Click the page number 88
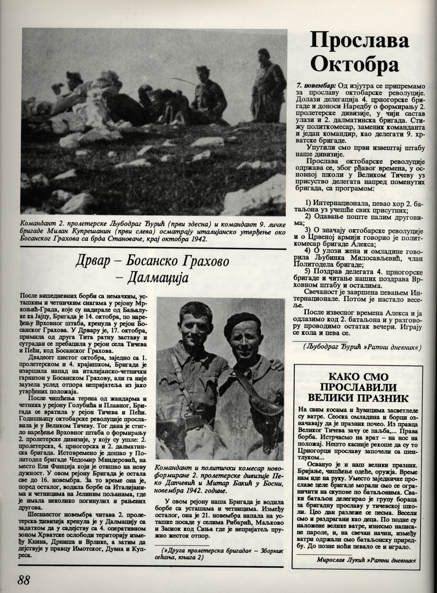coord(24,579)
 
